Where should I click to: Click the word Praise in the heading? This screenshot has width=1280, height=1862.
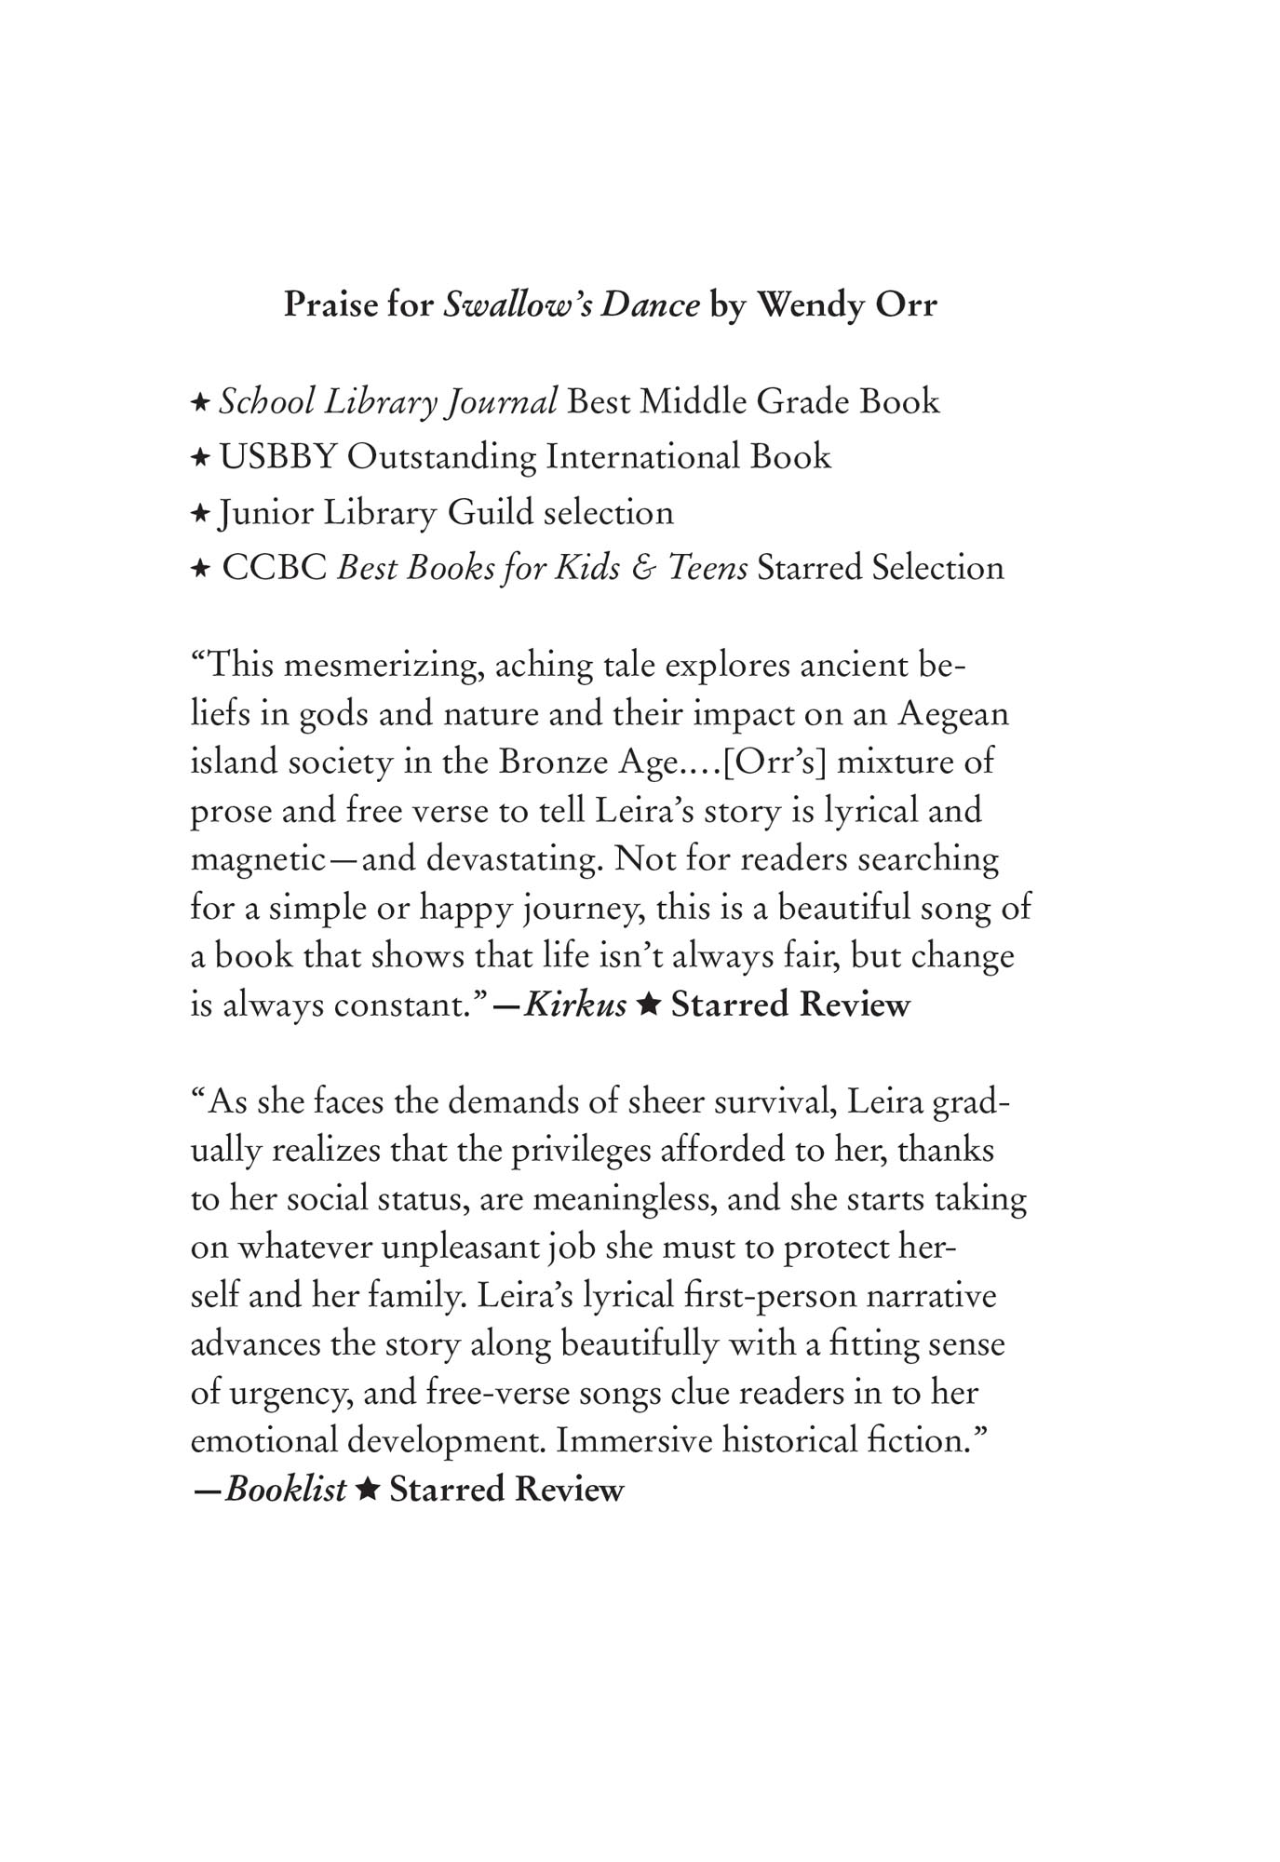(330, 305)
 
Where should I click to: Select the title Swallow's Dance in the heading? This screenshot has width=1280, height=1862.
(571, 305)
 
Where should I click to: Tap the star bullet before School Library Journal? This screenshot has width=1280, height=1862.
(199, 403)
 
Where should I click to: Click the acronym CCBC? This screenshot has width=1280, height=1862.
(275, 568)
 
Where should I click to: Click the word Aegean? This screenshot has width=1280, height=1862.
(952, 714)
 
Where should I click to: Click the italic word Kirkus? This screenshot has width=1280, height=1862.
(574, 1005)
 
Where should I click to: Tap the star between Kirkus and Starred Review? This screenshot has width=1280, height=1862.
(649, 1005)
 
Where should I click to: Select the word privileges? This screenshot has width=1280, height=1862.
(569, 1150)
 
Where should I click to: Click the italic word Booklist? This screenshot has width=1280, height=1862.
(285, 1489)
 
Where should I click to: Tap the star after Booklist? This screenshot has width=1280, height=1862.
(368, 1489)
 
